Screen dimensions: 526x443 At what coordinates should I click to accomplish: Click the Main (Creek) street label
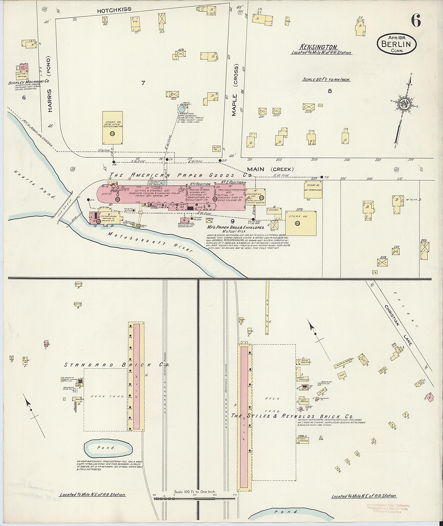tap(270, 169)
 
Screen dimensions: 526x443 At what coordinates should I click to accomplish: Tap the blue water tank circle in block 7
tap(181, 109)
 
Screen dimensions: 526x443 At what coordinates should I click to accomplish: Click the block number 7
tap(143, 83)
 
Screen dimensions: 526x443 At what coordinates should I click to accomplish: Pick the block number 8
tap(329, 91)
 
